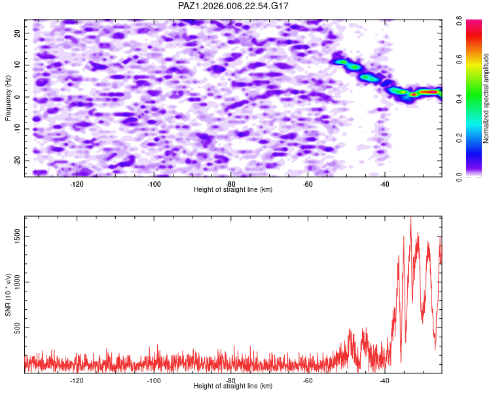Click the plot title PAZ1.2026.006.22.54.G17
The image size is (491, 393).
234,6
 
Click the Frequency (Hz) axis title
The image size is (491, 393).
9,98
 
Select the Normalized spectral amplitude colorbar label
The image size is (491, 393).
486,98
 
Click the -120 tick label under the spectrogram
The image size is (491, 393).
77,184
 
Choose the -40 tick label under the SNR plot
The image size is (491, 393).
384,381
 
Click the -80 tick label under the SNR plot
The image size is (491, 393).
230,381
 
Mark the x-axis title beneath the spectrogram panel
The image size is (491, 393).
233,190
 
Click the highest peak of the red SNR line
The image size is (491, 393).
410,219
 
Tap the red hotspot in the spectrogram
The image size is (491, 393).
413,94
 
